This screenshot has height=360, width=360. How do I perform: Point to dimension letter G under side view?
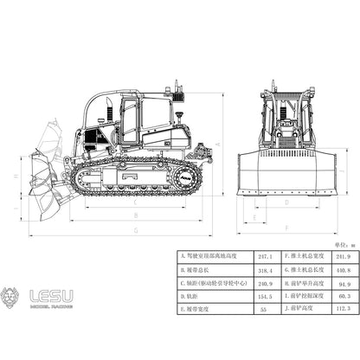click(x=137, y=230)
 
